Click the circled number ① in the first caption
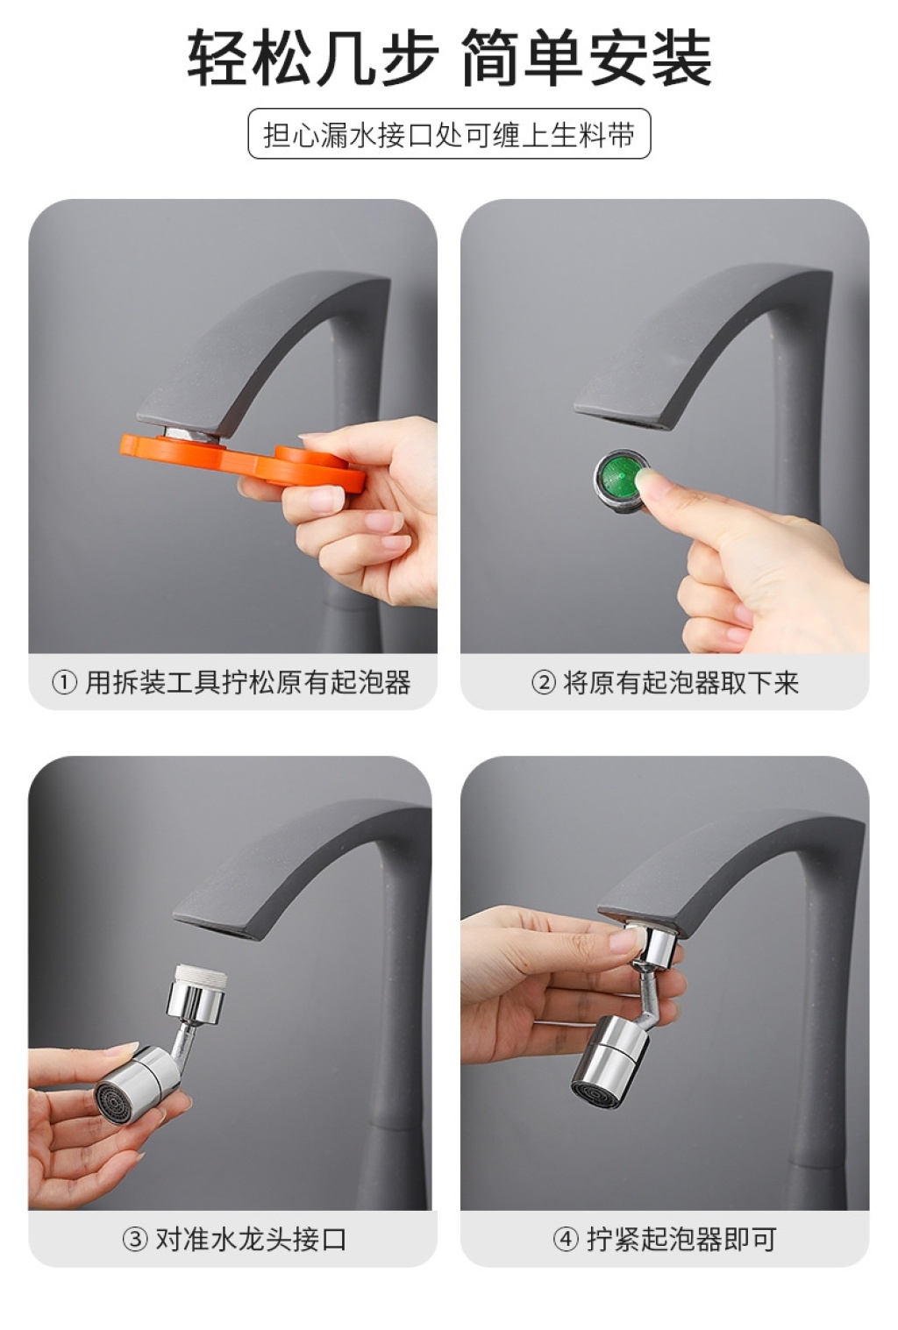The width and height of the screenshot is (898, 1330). (x=65, y=683)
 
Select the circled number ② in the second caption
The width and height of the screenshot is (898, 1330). (x=544, y=683)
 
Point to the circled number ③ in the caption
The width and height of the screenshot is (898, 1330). (x=135, y=1239)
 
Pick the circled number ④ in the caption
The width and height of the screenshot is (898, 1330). (x=566, y=1239)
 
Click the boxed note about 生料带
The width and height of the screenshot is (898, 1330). (x=449, y=133)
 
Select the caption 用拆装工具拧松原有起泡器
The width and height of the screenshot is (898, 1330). (x=248, y=683)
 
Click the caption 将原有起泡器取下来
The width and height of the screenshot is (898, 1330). (x=681, y=683)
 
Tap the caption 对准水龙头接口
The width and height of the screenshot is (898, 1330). (x=251, y=1239)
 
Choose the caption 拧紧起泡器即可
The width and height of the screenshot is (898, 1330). (x=681, y=1239)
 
